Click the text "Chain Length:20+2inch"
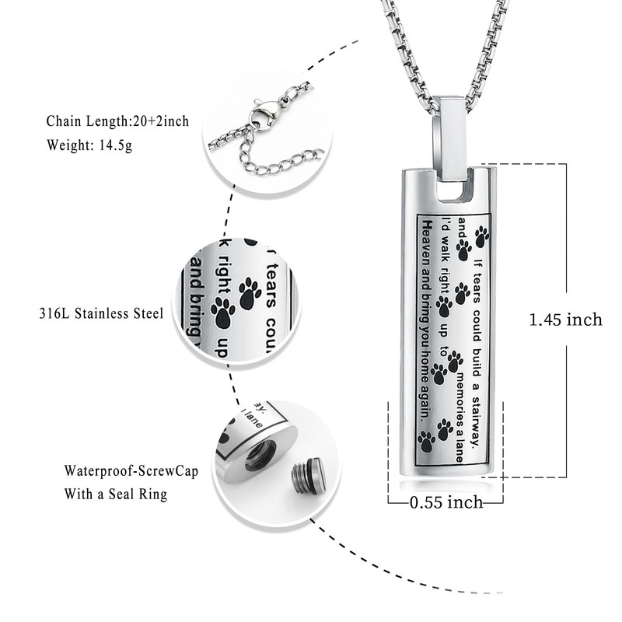coord(117,121)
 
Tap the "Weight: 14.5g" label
coord(89,145)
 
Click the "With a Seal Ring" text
coord(116,494)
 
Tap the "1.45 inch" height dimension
coord(565,319)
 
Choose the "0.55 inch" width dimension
coord(446,502)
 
